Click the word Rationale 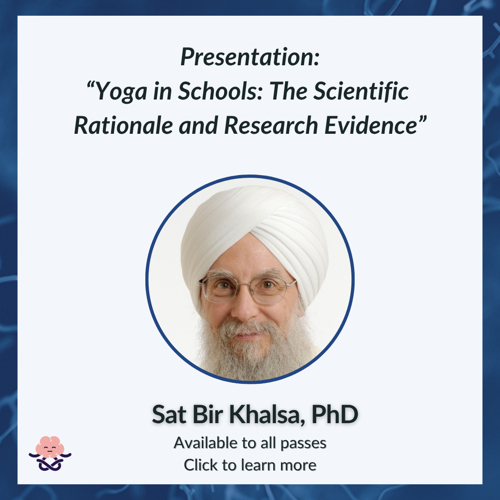click(124, 125)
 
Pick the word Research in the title click(271, 125)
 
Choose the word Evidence click(371, 125)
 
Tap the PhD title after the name click(335, 414)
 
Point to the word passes click(303, 444)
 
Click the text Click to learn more click(250, 465)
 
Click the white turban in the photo click(255, 230)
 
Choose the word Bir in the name click(207, 414)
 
